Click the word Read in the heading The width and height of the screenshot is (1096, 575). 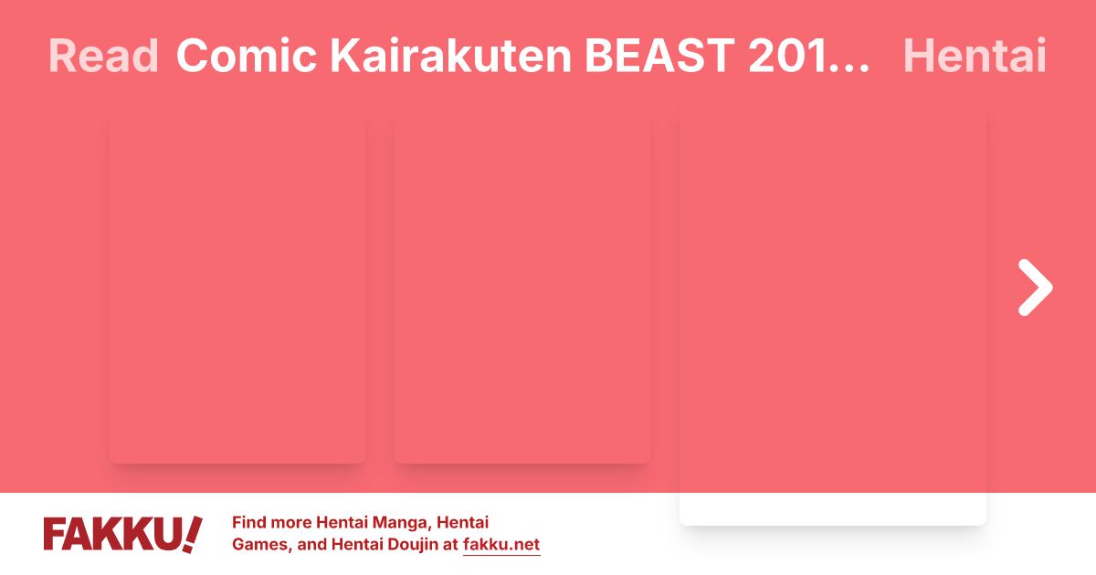[103, 57]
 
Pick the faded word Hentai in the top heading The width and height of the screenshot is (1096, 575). [974, 57]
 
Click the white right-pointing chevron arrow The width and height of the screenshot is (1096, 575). [1036, 287]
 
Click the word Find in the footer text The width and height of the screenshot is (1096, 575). [251, 523]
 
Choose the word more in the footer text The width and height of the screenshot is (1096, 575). [293, 523]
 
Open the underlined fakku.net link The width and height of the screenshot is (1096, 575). [501, 546]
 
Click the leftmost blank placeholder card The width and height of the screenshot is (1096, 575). [237, 290]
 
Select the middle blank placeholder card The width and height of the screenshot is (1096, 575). [522, 290]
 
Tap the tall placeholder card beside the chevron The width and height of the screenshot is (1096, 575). [833, 319]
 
